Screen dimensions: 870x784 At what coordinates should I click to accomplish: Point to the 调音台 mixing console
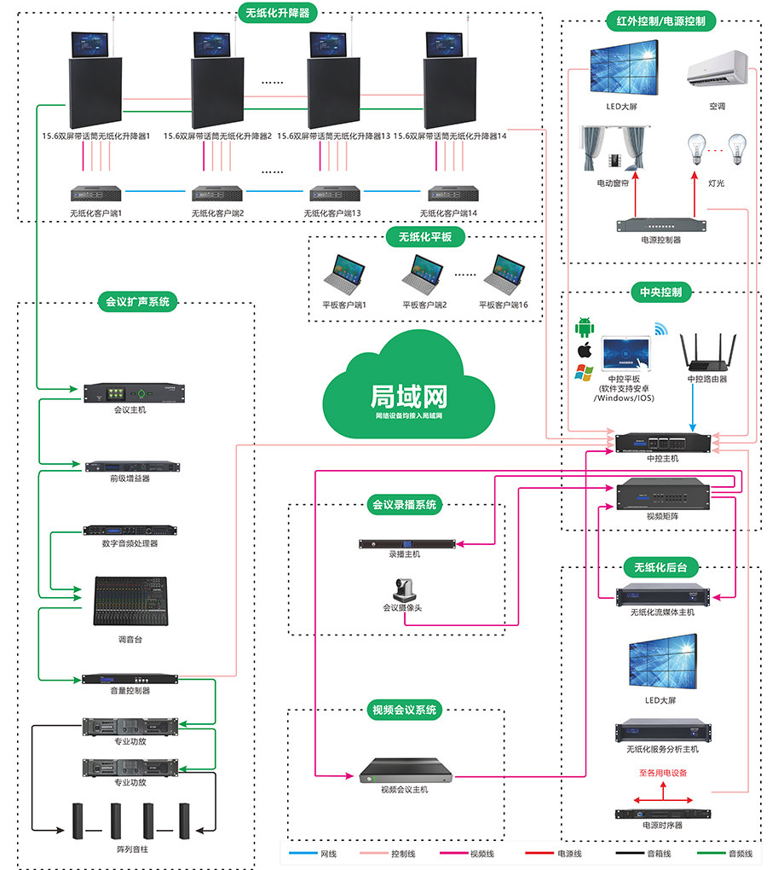click(x=130, y=601)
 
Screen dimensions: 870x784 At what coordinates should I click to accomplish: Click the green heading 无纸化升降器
click(x=277, y=13)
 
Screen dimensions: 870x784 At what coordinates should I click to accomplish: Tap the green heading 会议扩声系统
click(x=137, y=301)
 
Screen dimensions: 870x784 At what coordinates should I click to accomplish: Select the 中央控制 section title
click(x=661, y=293)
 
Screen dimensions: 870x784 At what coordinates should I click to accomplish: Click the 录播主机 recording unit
click(x=405, y=543)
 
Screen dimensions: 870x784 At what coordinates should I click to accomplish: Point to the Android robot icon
click(x=585, y=327)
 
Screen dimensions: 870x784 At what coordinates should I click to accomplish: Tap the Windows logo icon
click(x=584, y=372)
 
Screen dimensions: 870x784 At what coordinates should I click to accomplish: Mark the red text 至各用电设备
click(x=663, y=774)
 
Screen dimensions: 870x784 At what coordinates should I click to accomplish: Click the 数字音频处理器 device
click(x=130, y=530)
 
